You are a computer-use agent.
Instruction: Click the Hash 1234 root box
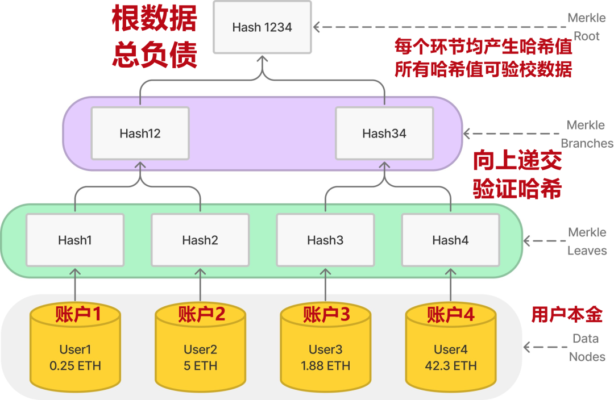[262, 27]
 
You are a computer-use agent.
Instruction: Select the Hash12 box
[140, 134]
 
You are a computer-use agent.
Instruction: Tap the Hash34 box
[384, 134]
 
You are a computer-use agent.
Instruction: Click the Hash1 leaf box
[75, 240]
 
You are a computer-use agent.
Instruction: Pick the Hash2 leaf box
[200, 240]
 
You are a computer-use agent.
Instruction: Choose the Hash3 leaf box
[325, 240]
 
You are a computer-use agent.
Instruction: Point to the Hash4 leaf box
[450, 240]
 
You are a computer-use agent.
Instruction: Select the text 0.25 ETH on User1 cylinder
[75, 366]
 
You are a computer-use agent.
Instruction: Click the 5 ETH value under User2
[200, 366]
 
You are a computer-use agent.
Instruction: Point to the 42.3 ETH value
[450, 366]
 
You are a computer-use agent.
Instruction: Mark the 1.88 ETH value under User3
[325, 366]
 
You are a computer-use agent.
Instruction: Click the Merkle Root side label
[586, 27]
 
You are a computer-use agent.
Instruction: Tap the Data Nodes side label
[587, 347]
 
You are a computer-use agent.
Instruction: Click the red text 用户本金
[567, 314]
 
